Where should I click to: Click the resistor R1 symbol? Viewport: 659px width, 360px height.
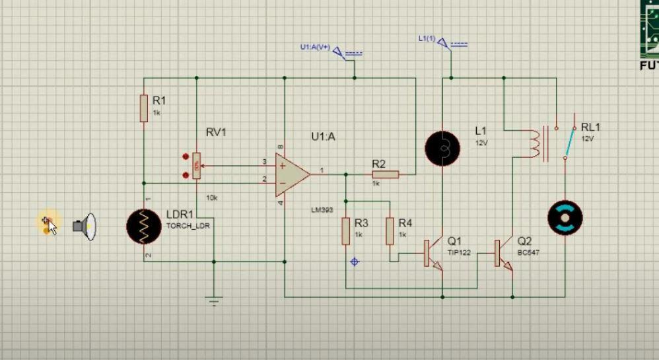[143, 108]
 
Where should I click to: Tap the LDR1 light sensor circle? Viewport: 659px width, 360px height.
[144, 227]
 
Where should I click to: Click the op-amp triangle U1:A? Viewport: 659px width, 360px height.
[291, 174]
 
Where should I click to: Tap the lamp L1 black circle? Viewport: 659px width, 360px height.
[442, 148]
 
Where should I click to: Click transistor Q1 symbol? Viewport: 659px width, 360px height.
[433, 253]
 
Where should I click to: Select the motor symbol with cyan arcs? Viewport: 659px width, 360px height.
[565, 217]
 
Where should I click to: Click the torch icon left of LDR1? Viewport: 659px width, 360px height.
[85, 227]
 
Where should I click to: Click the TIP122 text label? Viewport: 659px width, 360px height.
[459, 252]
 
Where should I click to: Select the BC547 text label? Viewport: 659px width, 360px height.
[529, 252]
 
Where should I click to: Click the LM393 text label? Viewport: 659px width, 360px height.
[323, 210]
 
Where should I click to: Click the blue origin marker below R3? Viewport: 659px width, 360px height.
[355, 262]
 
